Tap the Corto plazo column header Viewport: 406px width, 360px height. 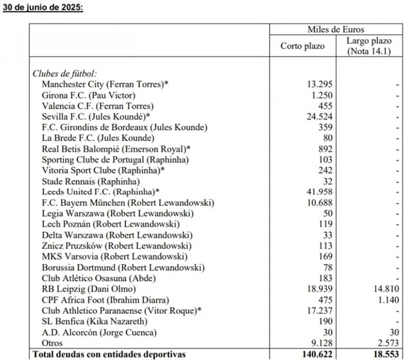point(302,46)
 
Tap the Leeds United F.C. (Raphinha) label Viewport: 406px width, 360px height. point(100,192)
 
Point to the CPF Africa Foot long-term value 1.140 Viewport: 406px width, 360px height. point(387,300)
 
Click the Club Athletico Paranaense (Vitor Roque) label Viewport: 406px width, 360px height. point(122,310)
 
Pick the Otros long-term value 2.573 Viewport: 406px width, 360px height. point(387,343)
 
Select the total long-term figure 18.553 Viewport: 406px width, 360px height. point(384,354)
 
